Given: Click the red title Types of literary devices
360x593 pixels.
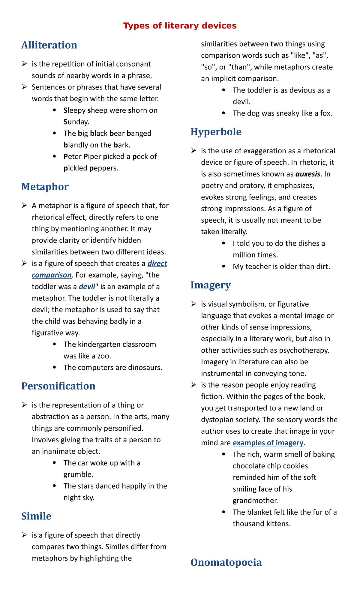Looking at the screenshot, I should pos(180,26).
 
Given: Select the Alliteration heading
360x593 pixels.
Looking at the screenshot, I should pos(49,45).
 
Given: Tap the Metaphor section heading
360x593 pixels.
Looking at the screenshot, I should pos(45,187).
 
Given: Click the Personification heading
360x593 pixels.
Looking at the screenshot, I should pos(58,386).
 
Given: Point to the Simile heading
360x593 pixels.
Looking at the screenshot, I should pos(36,516).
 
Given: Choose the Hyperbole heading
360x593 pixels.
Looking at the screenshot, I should pos(216,132).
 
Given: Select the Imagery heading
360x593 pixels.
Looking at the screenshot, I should pos(210,285).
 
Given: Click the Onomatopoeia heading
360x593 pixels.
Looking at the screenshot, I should pos(226,562).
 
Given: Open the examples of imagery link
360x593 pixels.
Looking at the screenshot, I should pos(268,443).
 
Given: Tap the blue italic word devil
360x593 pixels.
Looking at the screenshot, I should pos(87,287).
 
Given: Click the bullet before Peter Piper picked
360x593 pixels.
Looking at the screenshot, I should pos(54,157).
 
